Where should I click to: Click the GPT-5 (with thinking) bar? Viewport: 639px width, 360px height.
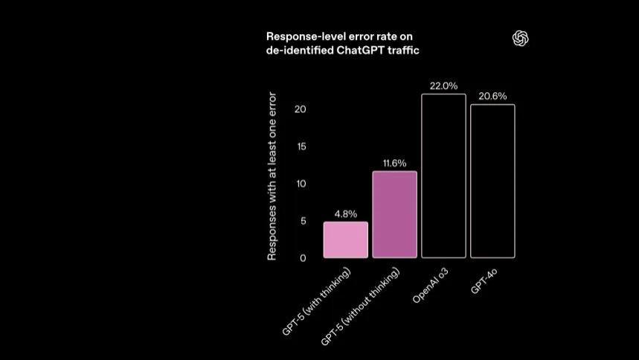(345, 240)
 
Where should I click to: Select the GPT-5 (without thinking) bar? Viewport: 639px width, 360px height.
(394, 215)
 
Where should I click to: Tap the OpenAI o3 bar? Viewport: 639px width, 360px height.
(443, 176)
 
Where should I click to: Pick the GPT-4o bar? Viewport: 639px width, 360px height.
(492, 181)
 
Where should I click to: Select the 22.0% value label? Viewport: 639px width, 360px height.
(443, 86)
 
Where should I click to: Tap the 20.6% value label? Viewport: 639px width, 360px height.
(492, 97)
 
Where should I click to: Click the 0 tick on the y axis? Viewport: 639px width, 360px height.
(303, 258)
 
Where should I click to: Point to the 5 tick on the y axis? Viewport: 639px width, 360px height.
(303, 221)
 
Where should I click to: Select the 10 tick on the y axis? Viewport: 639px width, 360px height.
(301, 184)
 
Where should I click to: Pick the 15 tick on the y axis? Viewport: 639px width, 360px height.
(301, 147)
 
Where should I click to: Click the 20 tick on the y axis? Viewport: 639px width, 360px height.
(301, 109)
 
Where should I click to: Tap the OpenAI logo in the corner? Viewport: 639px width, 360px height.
(521, 39)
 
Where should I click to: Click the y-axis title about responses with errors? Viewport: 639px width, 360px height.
(272, 176)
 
